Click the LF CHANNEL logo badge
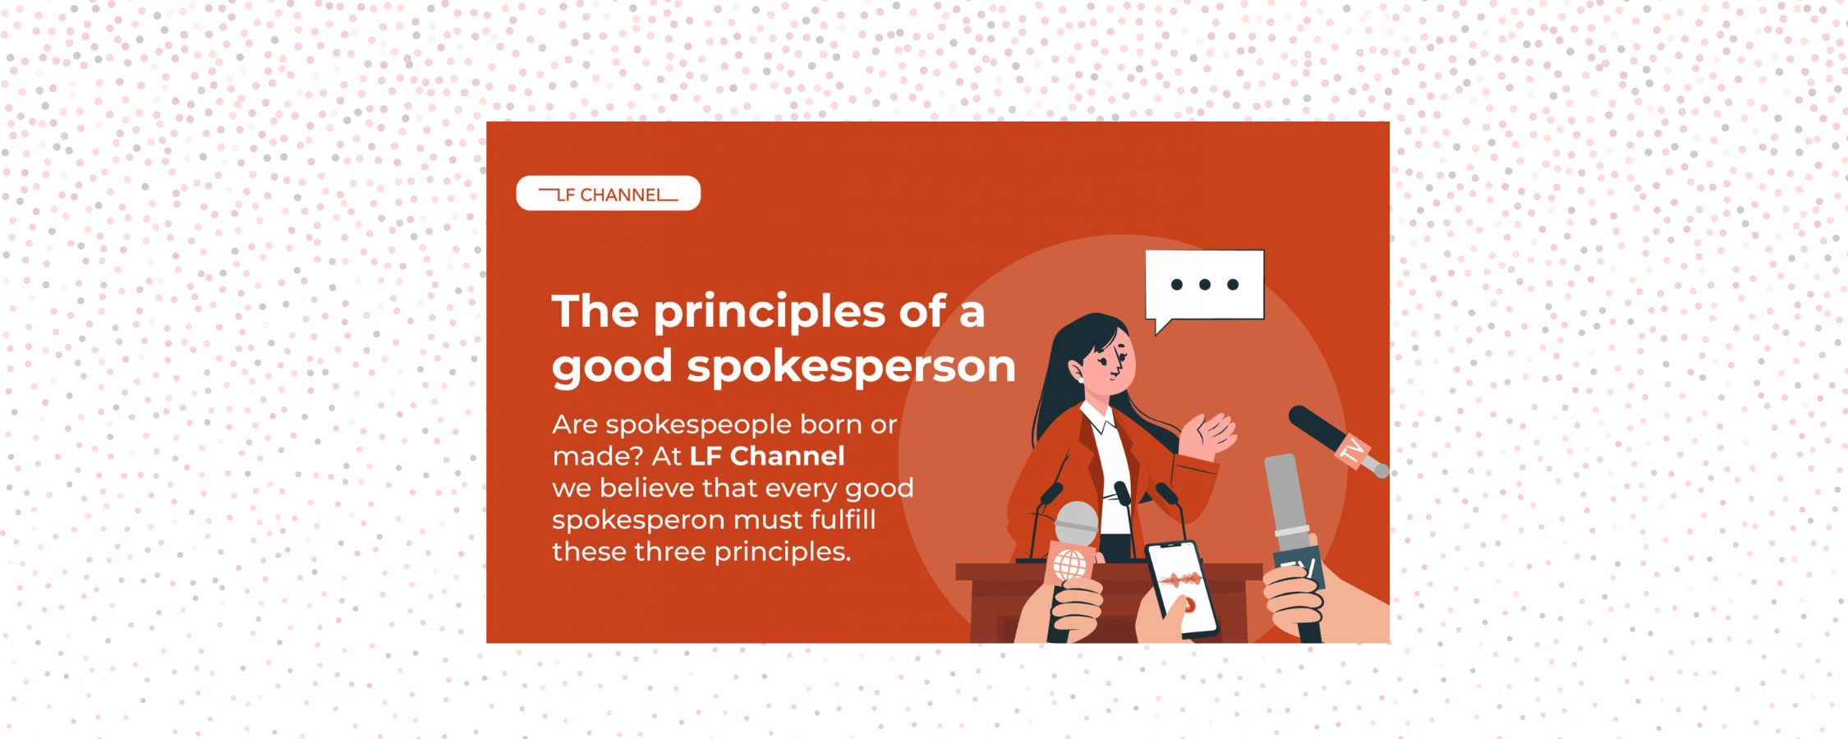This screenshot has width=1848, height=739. point(608,194)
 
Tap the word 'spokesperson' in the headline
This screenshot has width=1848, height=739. point(851,366)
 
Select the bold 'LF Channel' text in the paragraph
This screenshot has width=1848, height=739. point(767,456)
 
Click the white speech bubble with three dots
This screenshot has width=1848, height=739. point(1204,286)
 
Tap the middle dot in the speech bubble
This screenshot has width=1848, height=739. point(1205,285)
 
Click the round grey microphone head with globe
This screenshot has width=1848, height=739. point(1076,523)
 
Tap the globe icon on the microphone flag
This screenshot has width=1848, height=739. point(1069,564)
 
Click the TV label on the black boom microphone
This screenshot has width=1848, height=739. point(1349,451)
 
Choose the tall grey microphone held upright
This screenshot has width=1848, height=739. point(1286,501)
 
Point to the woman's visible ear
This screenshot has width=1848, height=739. point(1077,373)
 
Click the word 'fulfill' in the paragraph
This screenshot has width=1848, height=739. point(843,520)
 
